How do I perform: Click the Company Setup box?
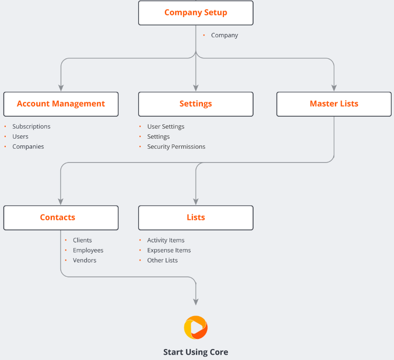point(196,13)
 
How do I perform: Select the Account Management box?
point(61,104)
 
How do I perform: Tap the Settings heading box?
point(196,104)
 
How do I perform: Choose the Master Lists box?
point(334,104)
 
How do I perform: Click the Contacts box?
point(61,218)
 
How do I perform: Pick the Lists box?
point(196,218)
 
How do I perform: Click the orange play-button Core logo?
point(196,327)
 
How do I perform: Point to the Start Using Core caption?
point(196,352)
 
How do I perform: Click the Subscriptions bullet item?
point(31,127)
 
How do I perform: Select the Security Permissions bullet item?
point(176,147)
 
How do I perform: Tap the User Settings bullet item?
point(165,127)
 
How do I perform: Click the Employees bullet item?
point(88,251)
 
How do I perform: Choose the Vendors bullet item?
point(85,261)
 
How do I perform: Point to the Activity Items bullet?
point(165,240)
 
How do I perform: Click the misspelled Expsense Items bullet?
point(169,251)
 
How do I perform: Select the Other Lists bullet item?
point(162,261)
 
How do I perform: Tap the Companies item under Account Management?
point(28,147)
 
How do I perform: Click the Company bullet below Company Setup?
point(224,35)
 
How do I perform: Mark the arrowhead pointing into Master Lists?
point(334,88)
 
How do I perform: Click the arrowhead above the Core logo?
point(196,301)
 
